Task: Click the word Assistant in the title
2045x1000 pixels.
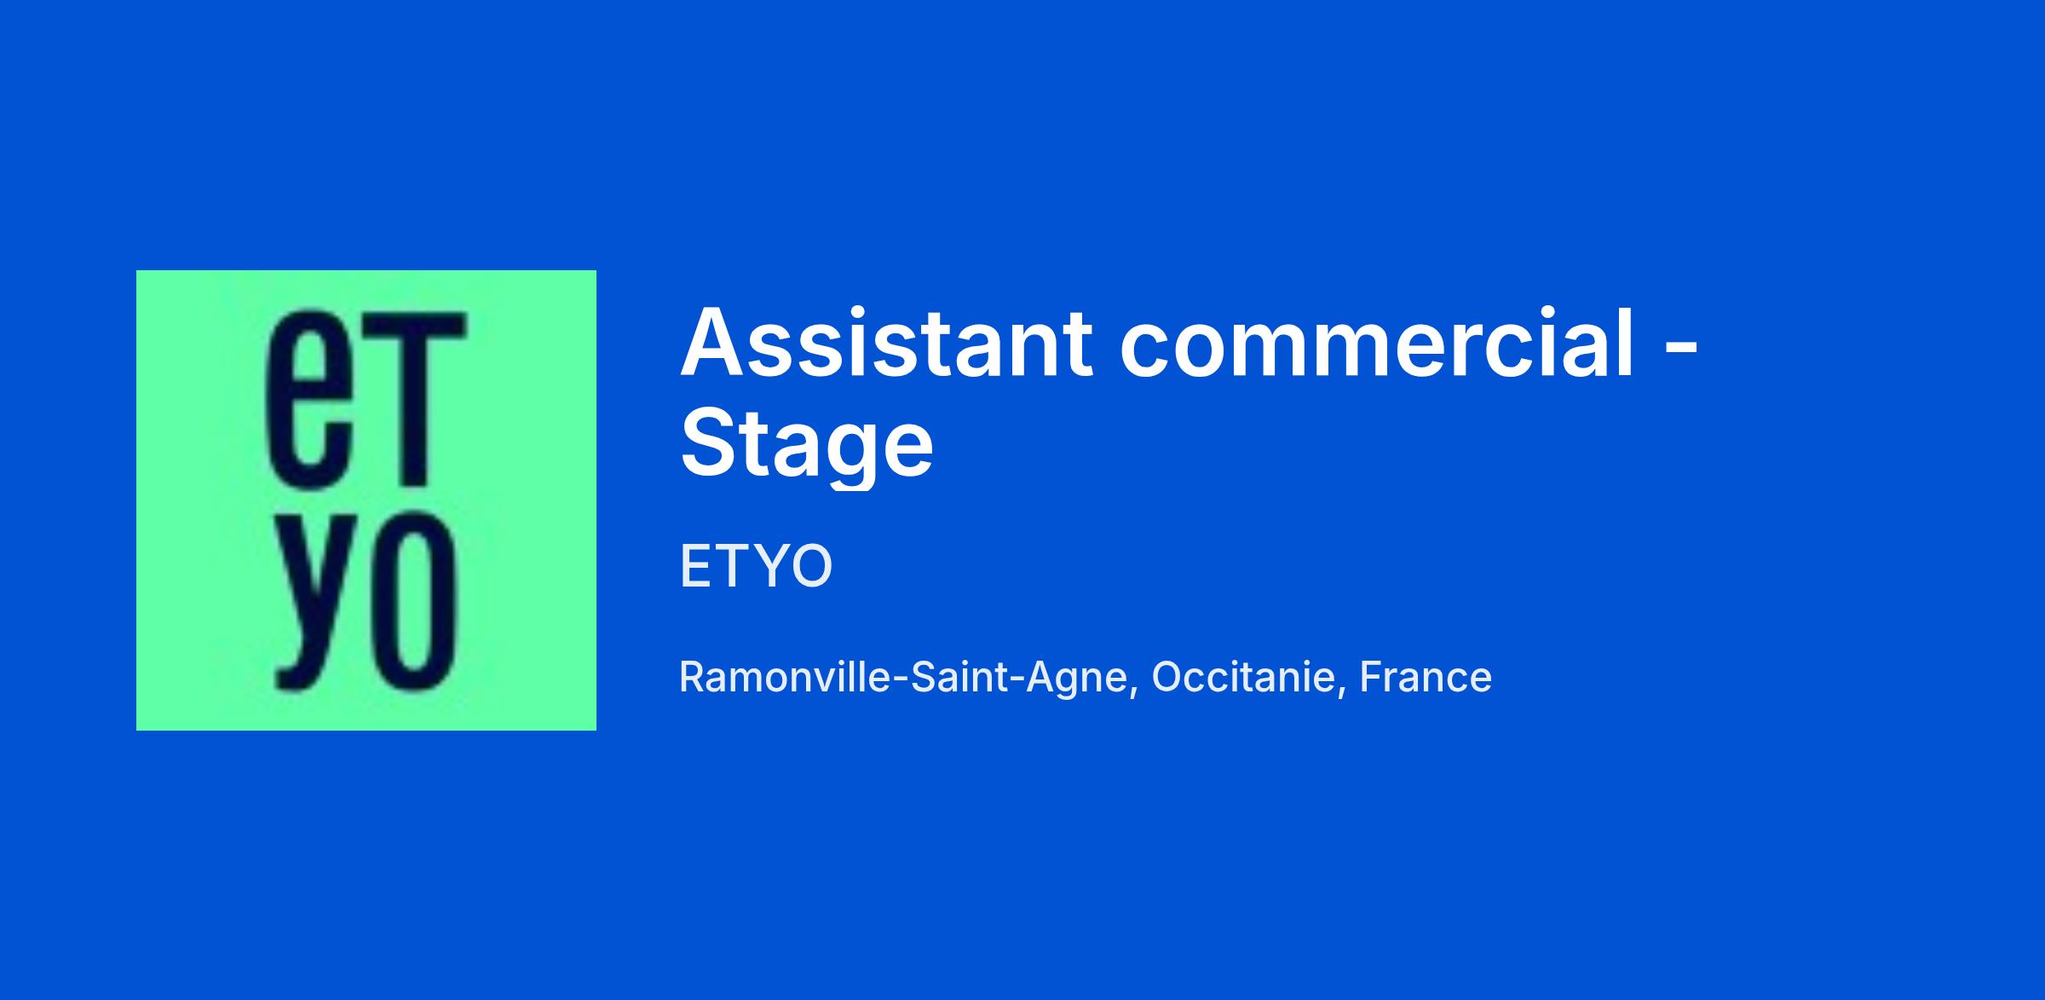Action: click(887, 342)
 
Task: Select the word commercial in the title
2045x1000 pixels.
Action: click(1378, 342)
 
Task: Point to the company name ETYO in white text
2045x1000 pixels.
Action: click(756, 566)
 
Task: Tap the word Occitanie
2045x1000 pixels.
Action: click(1243, 678)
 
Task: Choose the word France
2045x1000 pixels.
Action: click(1426, 678)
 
